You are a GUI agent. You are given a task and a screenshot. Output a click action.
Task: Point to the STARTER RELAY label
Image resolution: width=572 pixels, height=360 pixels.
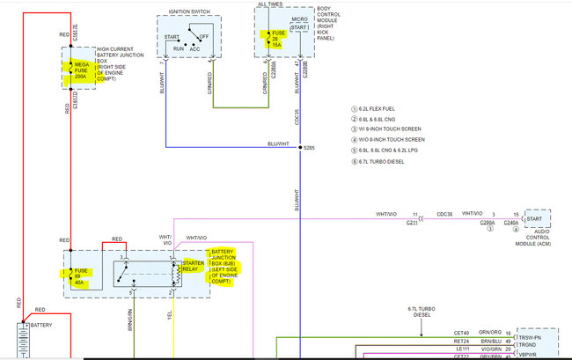click(193, 265)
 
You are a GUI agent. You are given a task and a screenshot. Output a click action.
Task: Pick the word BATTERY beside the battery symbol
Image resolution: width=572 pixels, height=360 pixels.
click(46, 325)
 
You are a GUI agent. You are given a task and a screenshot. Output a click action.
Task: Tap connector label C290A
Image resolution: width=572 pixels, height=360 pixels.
click(488, 224)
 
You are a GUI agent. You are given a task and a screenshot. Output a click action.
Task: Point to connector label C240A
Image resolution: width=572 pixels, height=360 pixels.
click(511, 224)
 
